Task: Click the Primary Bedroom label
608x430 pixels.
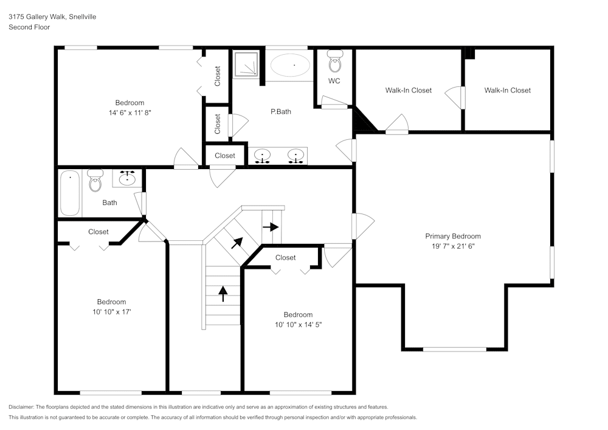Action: [x=452, y=236]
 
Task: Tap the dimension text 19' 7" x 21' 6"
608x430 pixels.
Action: [x=452, y=246]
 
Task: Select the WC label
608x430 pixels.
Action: [x=334, y=81]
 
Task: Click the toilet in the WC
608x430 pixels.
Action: [x=334, y=61]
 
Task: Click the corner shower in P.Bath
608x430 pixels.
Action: [x=246, y=64]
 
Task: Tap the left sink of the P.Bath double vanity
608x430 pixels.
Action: [x=262, y=157]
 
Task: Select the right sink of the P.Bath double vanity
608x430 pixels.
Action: [x=296, y=157]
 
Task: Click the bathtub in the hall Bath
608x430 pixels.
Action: [x=70, y=193]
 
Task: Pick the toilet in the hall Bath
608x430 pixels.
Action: [x=95, y=181]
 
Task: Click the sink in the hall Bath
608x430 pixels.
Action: [x=127, y=178]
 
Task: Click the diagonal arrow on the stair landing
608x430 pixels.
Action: [x=237, y=243]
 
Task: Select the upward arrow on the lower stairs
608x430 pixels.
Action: [x=223, y=294]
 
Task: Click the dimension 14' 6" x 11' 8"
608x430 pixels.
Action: [x=130, y=113]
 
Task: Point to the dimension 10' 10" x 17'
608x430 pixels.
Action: [x=111, y=312]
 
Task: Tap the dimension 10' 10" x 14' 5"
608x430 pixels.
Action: [x=298, y=325]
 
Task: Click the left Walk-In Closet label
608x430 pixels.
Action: [x=408, y=90]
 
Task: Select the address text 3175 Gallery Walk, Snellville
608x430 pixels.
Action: [x=52, y=17]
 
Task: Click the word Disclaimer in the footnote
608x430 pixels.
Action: [x=21, y=407]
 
